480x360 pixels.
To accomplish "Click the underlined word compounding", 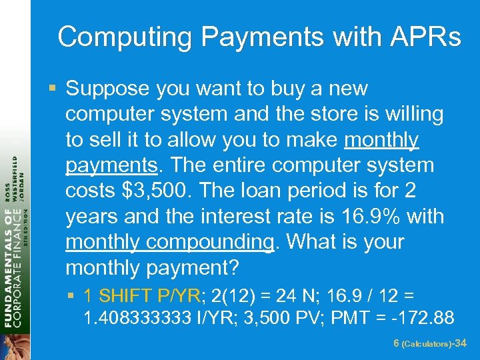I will tap(209, 242).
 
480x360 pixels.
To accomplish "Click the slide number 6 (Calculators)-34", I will tap(429, 343).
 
